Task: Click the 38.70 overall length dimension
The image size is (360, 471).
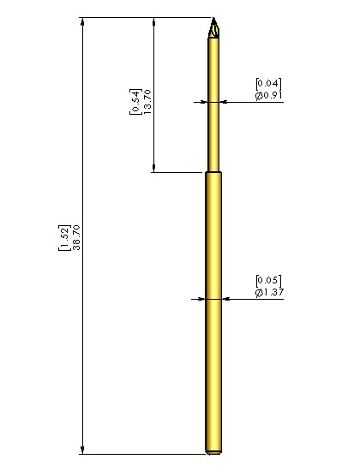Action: pos(76,237)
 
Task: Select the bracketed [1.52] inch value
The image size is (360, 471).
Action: pos(64,237)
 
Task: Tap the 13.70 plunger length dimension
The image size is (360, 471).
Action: pos(147,102)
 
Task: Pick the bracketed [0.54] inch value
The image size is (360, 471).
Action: pos(135,102)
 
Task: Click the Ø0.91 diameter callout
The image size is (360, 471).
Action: pos(268,96)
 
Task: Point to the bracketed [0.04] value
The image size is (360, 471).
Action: pos(268,84)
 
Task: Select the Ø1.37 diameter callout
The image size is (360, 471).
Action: pos(269,292)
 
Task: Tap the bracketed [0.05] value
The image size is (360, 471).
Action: pos(268,281)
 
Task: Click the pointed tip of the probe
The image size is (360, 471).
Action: pos(213,18)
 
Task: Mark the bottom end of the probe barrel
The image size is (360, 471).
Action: pos(213,452)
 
